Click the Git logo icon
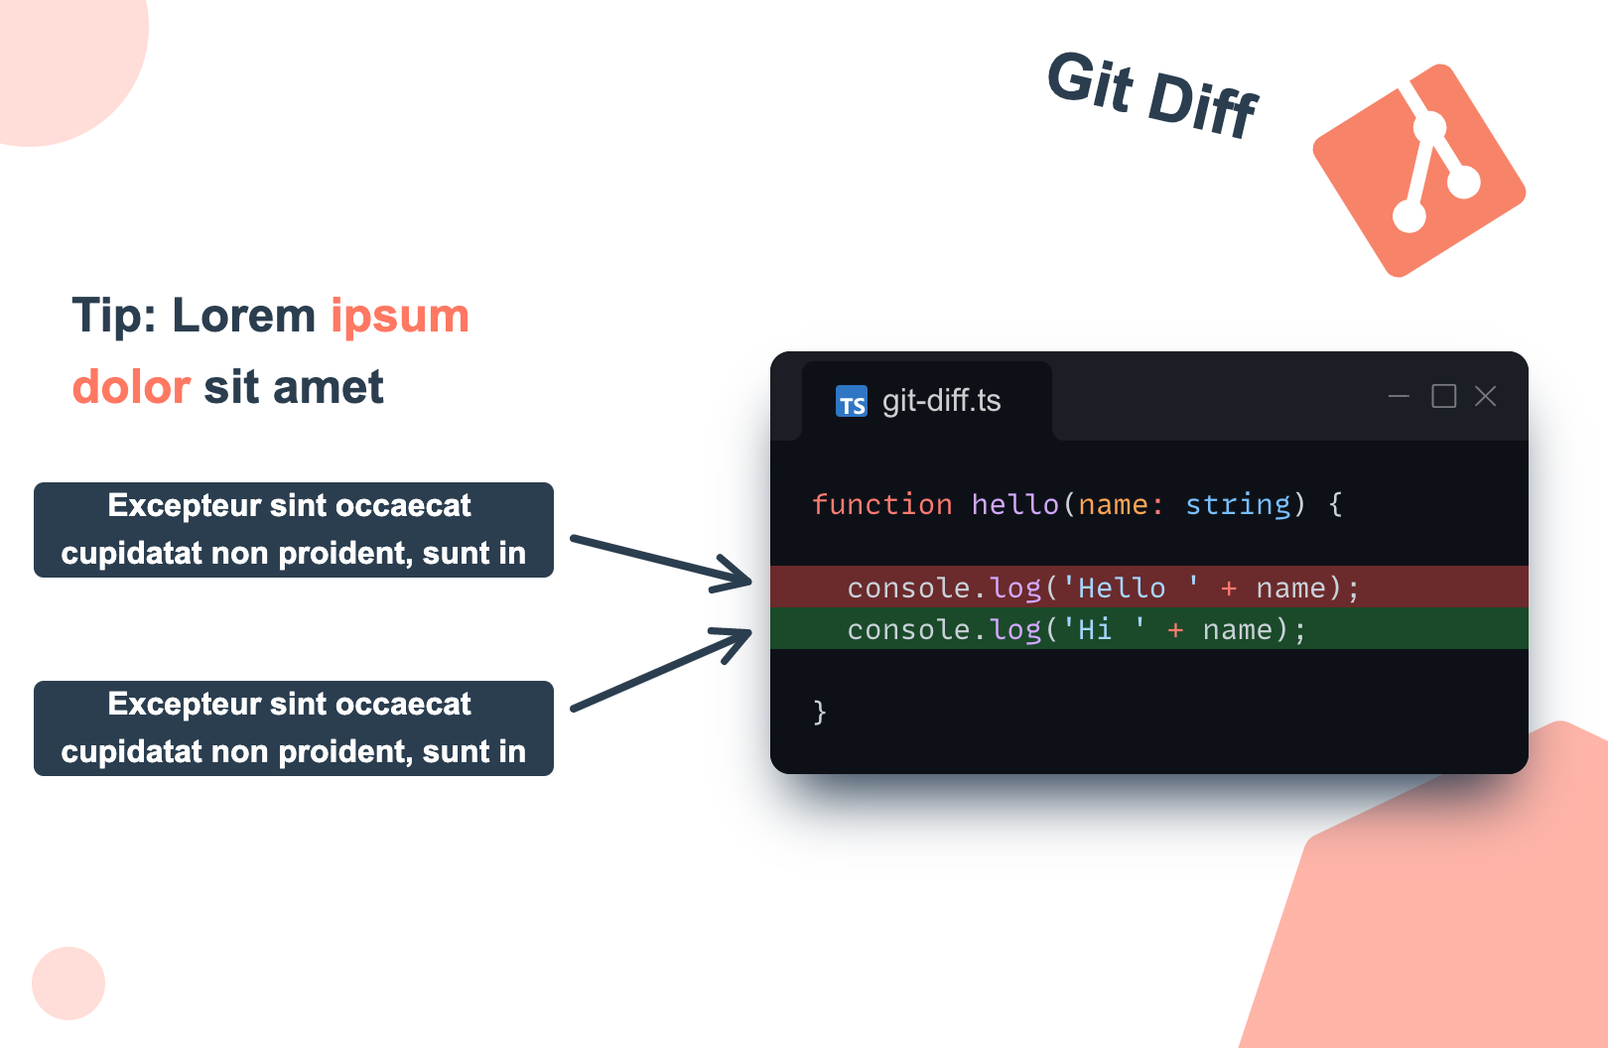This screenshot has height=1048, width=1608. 1418,171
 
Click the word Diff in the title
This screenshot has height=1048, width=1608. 1202,104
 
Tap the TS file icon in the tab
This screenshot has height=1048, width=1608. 852,401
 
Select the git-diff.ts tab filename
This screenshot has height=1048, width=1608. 941,401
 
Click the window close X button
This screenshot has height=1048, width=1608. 1485,396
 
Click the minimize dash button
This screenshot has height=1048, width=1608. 1399,396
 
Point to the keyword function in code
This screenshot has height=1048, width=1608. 881,505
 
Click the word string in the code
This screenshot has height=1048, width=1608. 1238,505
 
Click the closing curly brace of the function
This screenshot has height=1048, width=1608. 820,712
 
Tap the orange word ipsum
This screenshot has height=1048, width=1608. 399,316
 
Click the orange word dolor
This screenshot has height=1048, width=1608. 131,387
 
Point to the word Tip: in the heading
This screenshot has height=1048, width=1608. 114,316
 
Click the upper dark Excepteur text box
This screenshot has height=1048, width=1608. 294,530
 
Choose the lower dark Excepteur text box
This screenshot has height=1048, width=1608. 294,728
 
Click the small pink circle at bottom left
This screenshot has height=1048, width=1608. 68,982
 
